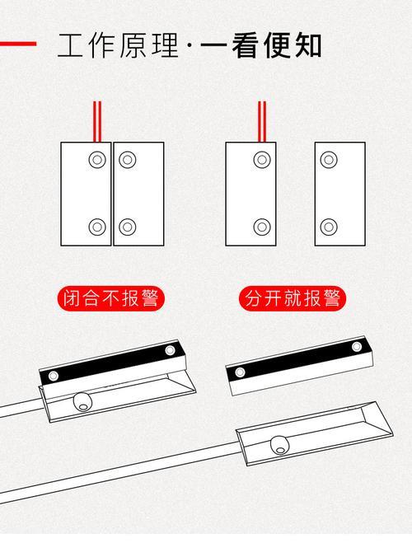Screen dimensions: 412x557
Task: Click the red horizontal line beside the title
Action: click(18, 44)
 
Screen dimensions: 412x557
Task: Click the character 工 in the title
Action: click(70, 45)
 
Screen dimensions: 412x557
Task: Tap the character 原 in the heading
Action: click(133, 45)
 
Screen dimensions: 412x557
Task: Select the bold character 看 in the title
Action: click(245, 45)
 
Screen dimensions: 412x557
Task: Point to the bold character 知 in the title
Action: click(309, 45)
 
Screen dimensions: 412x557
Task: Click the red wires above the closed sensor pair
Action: click(97, 122)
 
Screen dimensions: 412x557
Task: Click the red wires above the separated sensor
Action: click(262, 122)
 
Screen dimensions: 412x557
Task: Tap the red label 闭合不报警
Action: click(110, 298)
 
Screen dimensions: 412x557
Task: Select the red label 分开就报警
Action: click(293, 298)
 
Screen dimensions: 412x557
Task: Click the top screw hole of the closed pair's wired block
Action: click(97, 160)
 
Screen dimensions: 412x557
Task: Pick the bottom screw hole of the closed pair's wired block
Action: click(97, 227)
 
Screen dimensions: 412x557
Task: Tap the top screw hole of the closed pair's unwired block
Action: click(127, 160)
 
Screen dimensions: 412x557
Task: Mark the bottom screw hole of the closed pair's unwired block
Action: click(127, 227)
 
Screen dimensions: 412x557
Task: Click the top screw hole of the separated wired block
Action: click(262, 160)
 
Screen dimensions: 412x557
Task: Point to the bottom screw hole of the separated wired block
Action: click(262, 227)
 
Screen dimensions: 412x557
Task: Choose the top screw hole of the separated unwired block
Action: click(329, 160)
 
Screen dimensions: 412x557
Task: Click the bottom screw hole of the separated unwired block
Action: click(329, 227)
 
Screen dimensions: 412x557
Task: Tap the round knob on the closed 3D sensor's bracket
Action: click(82, 402)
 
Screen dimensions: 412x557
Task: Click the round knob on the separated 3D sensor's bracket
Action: click(279, 446)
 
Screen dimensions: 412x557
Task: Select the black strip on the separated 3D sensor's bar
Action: click(298, 358)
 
